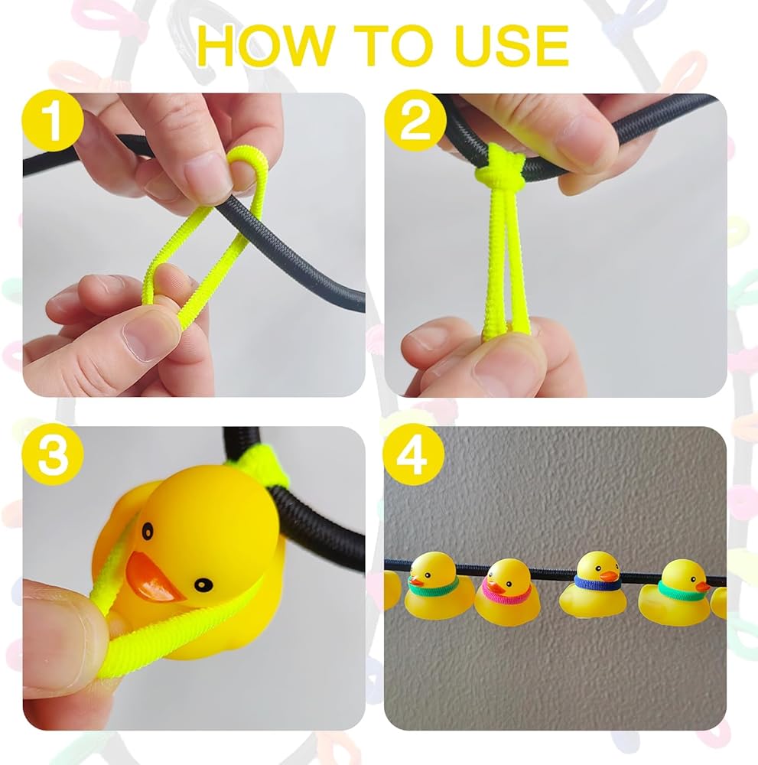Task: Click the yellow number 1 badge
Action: pos(53,120)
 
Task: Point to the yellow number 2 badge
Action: pos(415,120)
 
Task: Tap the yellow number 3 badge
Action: pos(53,454)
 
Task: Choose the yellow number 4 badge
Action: pos(414,454)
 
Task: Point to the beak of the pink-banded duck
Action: pos(494,586)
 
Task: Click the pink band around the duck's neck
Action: pos(507,593)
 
